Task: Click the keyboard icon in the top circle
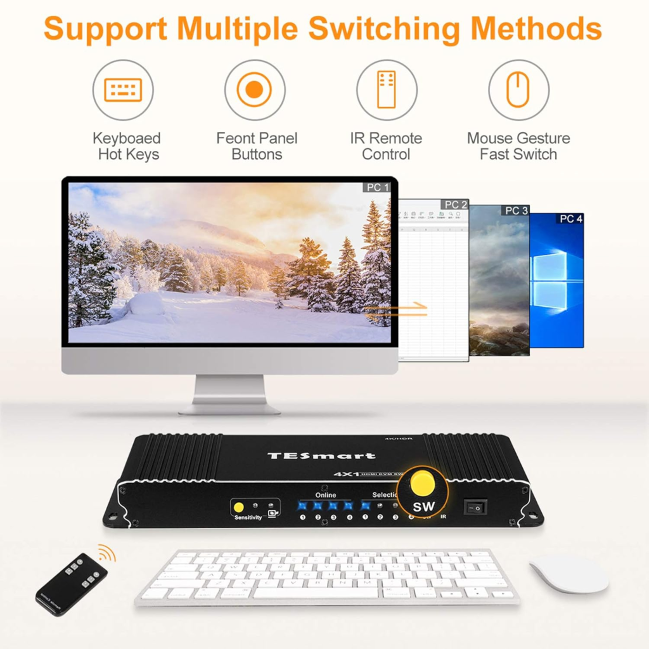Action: [x=123, y=90]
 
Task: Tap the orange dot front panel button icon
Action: [x=254, y=90]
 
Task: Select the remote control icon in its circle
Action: [x=386, y=90]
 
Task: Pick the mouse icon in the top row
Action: [x=518, y=90]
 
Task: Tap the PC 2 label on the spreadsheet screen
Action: [x=455, y=205]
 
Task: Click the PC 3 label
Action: [x=516, y=210]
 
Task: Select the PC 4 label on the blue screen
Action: [x=570, y=219]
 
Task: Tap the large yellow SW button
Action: [x=423, y=485]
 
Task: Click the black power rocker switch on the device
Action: [x=475, y=508]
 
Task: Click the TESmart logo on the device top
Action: [x=321, y=455]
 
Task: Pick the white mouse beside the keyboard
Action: [x=569, y=574]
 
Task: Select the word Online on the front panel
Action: [x=326, y=495]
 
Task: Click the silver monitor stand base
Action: [x=229, y=408]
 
